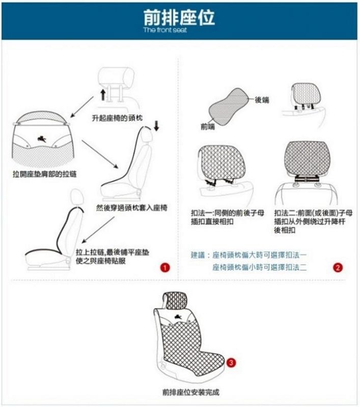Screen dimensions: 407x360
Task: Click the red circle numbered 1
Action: coord(164,267)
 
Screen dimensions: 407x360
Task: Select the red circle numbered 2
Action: coord(337,267)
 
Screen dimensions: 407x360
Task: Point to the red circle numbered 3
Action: coord(232,363)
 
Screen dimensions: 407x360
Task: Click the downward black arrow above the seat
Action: coord(156,125)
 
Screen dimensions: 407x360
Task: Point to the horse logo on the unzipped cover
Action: coord(42,137)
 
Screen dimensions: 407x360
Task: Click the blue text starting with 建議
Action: coord(249,254)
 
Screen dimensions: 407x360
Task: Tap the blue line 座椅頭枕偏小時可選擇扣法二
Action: coord(260,267)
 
